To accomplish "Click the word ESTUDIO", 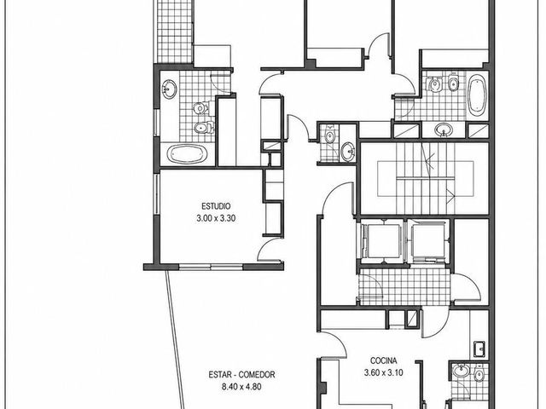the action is [216, 206].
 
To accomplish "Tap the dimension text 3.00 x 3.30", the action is [216, 218].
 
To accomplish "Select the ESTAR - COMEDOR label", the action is [241, 375].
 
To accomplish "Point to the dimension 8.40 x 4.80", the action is [241, 386].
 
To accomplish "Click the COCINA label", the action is [383, 360].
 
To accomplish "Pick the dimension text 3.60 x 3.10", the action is [383, 373].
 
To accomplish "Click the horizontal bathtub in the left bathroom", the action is [187, 153].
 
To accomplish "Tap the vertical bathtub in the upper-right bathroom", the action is [476, 95].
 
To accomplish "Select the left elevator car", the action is [381, 241].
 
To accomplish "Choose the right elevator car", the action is [428, 241].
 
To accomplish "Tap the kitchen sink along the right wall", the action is [479, 349].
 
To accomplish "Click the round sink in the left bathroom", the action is [170, 89].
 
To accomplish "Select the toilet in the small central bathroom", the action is [329, 135].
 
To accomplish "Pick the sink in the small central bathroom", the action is [347, 152].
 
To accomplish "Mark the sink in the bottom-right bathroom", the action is [461, 371].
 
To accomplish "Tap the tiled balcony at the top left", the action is [174, 32].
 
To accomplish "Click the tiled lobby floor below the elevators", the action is [405, 287].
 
